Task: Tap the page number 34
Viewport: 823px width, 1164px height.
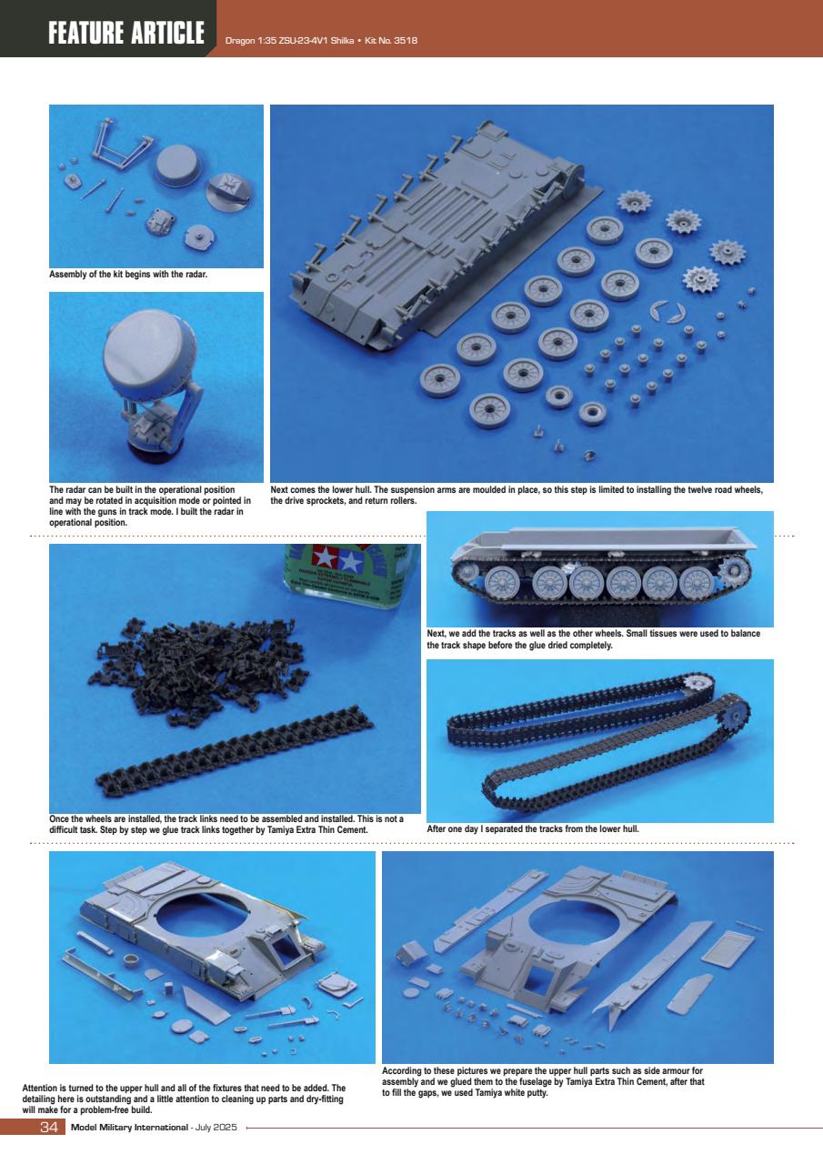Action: [x=49, y=1129]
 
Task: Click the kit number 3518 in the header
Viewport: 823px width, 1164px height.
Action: [x=402, y=41]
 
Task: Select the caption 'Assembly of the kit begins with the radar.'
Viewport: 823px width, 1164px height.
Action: [x=129, y=276]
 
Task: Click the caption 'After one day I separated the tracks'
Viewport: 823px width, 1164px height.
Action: [x=533, y=829]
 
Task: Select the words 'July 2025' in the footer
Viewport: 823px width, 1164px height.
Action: [x=216, y=1129]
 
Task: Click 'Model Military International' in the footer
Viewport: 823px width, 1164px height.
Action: [x=128, y=1129]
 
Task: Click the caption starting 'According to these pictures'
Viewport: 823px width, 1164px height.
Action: [x=542, y=1081]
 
